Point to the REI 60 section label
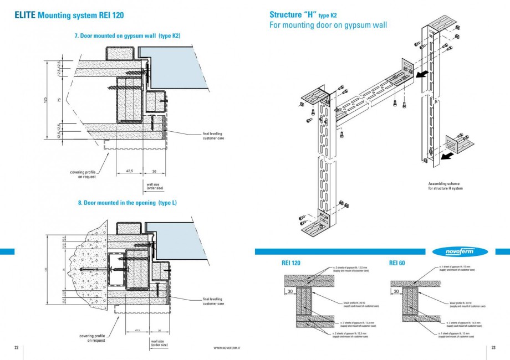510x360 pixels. coord(397,263)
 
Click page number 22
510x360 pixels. coord(17,347)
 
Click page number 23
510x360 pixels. coord(493,347)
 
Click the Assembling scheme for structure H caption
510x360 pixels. coord(446,186)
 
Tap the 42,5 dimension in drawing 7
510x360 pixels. coord(129,171)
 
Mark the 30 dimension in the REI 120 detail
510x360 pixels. coord(290,290)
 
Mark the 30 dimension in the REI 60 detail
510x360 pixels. coord(396,290)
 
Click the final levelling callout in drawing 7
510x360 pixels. coord(213,135)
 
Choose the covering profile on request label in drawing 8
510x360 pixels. coord(92,338)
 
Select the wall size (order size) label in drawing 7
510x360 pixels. coord(155,186)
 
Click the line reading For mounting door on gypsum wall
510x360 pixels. coord(328,25)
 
